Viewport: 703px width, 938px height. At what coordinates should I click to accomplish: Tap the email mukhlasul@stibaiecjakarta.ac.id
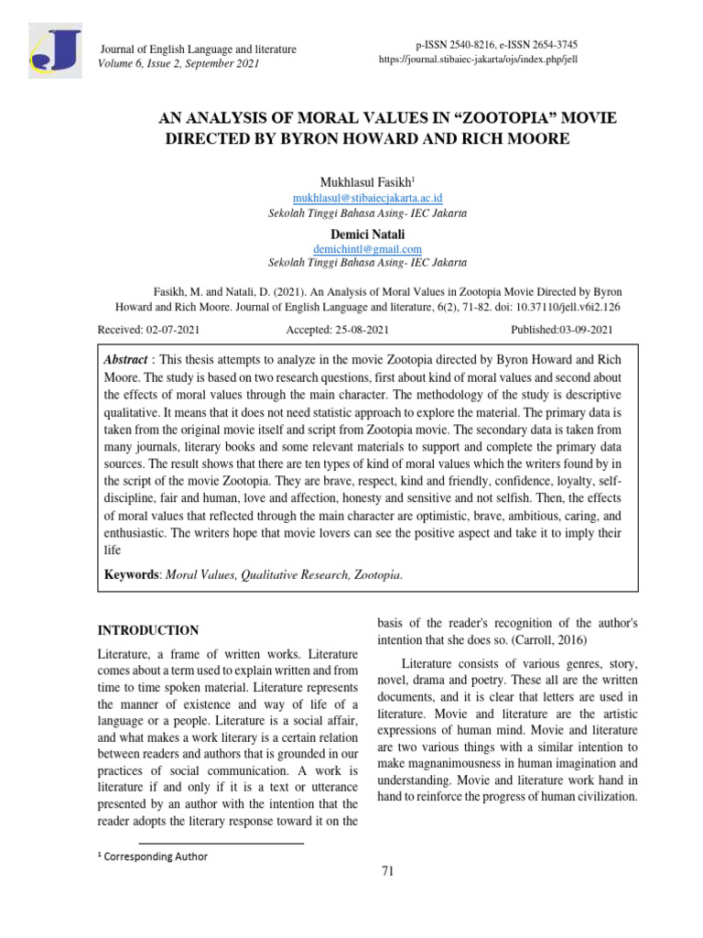367,198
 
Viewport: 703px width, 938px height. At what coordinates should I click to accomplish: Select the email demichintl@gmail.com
367,249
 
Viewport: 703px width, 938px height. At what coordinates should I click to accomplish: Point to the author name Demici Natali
367,234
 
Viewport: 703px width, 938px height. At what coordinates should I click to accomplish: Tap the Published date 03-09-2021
581,330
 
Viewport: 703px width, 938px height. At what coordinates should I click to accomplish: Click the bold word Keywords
133,575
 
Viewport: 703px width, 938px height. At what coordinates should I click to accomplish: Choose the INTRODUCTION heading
147,630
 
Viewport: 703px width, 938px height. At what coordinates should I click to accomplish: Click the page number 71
387,871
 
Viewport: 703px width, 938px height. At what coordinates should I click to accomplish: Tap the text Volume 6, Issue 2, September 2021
178,63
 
